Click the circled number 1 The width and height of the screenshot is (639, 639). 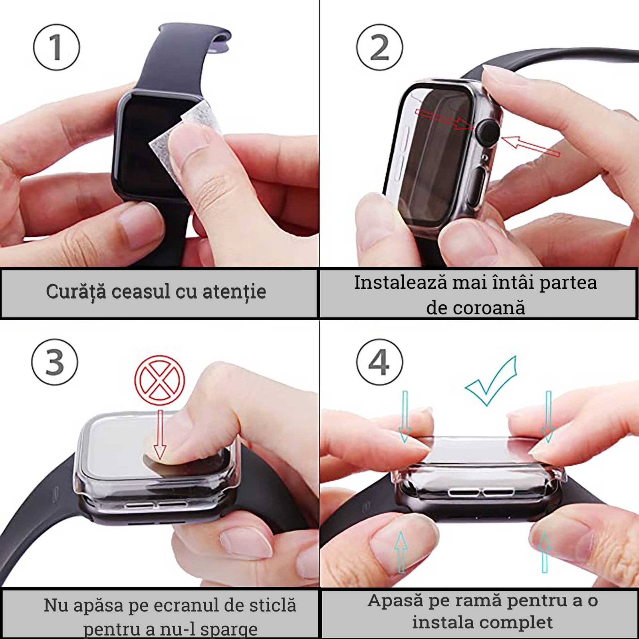point(56,47)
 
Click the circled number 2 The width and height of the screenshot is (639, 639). point(379,47)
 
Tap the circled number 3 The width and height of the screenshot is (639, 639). point(55,362)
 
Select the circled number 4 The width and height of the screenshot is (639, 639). point(379,362)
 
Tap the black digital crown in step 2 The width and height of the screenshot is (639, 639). point(488,132)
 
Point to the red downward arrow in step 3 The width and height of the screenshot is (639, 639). point(160,435)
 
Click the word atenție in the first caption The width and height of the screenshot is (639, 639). point(234,292)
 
